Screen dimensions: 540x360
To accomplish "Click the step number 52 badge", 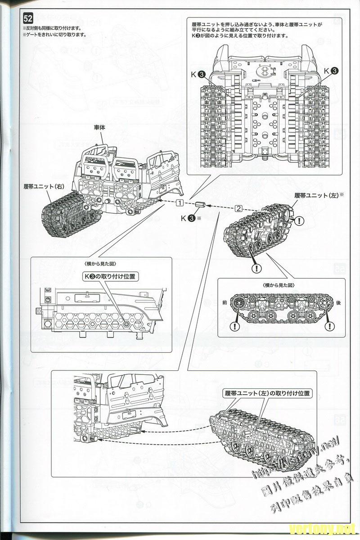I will (28, 19).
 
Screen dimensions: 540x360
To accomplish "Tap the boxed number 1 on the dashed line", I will (180, 202).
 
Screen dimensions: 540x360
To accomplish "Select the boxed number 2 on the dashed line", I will (238, 208).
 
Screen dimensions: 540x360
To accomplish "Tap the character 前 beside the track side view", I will (225, 303).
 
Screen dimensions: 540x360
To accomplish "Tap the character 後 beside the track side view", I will (338, 303).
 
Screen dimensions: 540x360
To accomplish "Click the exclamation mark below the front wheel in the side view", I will (234, 327).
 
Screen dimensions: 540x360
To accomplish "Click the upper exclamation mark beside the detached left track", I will (299, 220).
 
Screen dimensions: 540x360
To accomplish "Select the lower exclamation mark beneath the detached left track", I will (257, 269).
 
